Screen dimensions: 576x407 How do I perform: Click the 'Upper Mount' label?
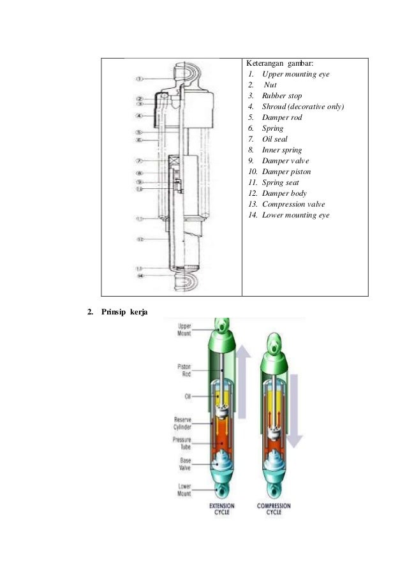(183, 330)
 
